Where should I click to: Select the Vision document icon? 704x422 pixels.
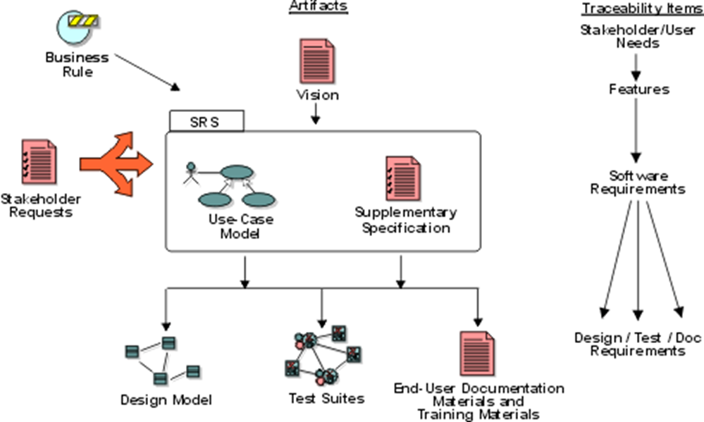click(x=316, y=62)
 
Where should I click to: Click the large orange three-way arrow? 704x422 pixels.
click(x=116, y=163)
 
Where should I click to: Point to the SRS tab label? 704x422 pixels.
click(x=206, y=121)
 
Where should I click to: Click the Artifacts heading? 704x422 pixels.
click(x=318, y=7)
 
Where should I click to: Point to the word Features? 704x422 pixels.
click(x=639, y=90)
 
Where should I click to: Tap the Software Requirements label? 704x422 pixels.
click(x=638, y=182)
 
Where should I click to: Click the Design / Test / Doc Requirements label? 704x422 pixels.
click(x=638, y=344)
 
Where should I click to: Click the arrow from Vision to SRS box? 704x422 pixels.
click(x=316, y=113)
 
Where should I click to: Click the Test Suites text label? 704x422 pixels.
click(x=326, y=399)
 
